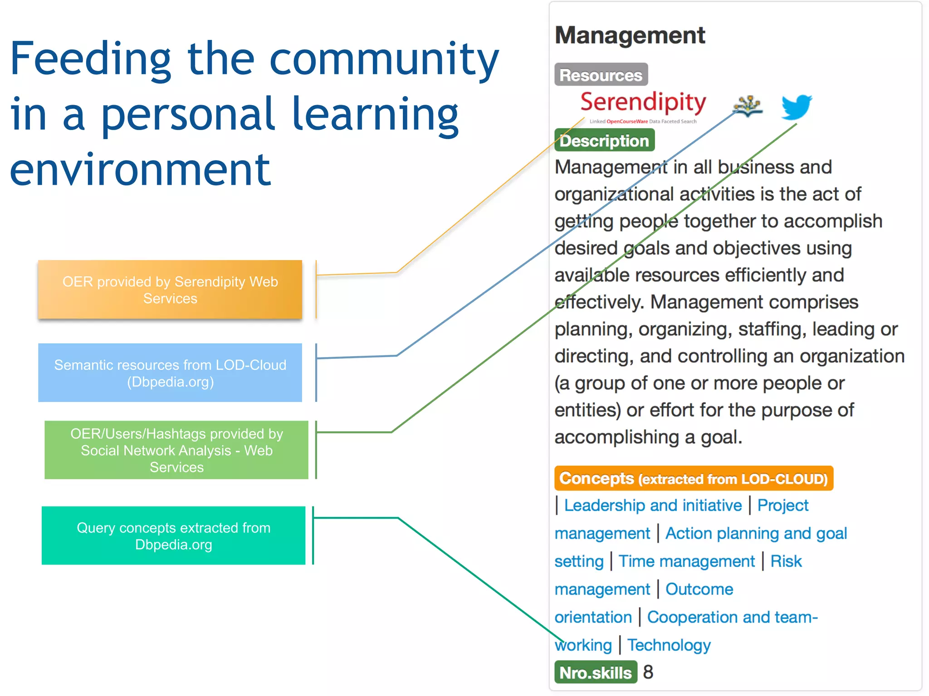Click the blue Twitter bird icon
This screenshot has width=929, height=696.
click(796, 107)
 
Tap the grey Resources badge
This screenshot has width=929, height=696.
click(601, 75)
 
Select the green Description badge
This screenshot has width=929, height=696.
click(604, 140)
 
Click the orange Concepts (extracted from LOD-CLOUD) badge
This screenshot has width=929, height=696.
click(693, 478)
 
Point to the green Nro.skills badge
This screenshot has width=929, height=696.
click(595, 672)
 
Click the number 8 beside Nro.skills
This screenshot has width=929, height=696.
click(648, 672)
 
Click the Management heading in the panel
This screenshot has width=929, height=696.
click(630, 35)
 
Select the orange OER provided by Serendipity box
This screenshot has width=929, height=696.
click(170, 290)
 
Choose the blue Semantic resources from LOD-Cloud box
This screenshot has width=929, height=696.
click(170, 373)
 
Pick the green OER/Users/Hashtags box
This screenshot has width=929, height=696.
click(176, 450)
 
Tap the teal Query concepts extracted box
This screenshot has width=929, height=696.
click(173, 536)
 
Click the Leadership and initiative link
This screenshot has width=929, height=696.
click(653, 505)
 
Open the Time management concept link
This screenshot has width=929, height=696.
click(686, 561)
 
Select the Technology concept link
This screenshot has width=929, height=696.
click(669, 645)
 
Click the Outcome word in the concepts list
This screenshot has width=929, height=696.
click(699, 589)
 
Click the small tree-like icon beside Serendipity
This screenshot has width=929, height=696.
click(747, 106)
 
